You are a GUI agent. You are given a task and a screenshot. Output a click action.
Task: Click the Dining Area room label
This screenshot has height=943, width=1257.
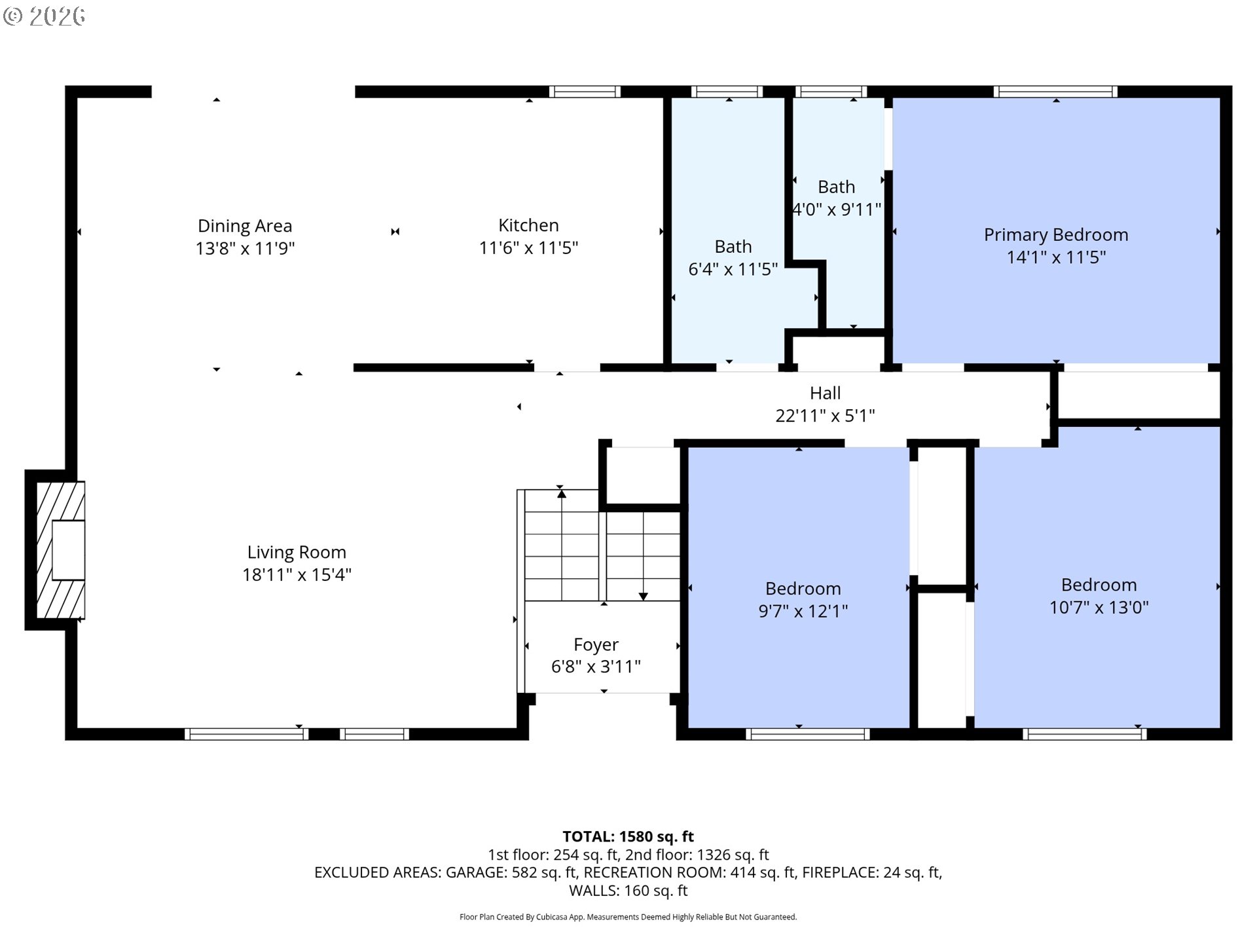245,226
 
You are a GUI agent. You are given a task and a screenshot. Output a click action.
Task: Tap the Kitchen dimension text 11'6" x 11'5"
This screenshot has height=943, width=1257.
528,248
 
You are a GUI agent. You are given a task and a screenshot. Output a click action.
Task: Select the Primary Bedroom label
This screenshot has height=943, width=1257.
1056,234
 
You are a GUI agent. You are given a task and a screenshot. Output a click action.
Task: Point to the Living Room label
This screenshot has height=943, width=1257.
297,552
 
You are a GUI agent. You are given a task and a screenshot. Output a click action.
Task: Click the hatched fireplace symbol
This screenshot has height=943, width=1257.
60,550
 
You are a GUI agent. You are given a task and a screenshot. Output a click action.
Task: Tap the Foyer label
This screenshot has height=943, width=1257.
596,644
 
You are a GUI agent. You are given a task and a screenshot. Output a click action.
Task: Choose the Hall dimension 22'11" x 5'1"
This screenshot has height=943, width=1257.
825,415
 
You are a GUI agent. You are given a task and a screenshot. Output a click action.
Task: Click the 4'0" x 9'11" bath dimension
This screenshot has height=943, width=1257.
837,210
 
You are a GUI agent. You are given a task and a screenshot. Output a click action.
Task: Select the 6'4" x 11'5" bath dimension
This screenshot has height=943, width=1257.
733,268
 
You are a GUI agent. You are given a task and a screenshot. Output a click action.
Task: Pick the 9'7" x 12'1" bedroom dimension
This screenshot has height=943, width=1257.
803,610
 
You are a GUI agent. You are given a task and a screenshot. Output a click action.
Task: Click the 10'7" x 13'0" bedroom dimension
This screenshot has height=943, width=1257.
1099,607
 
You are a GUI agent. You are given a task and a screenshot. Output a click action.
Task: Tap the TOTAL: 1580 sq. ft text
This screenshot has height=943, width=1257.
628,836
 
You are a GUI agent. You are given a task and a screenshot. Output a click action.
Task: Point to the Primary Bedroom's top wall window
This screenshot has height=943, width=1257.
1055,92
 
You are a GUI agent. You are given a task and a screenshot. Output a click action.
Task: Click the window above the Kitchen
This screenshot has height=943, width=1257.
585,92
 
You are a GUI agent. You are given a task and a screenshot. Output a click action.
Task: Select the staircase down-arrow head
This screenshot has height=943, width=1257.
644,597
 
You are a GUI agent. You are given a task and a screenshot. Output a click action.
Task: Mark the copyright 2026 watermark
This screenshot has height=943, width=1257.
44,16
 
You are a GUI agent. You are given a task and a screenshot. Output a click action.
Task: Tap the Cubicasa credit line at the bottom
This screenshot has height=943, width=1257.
628,917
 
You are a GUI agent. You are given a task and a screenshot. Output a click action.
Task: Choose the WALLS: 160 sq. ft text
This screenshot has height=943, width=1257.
628,891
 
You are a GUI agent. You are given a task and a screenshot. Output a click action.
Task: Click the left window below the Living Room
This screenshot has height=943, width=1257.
246,734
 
